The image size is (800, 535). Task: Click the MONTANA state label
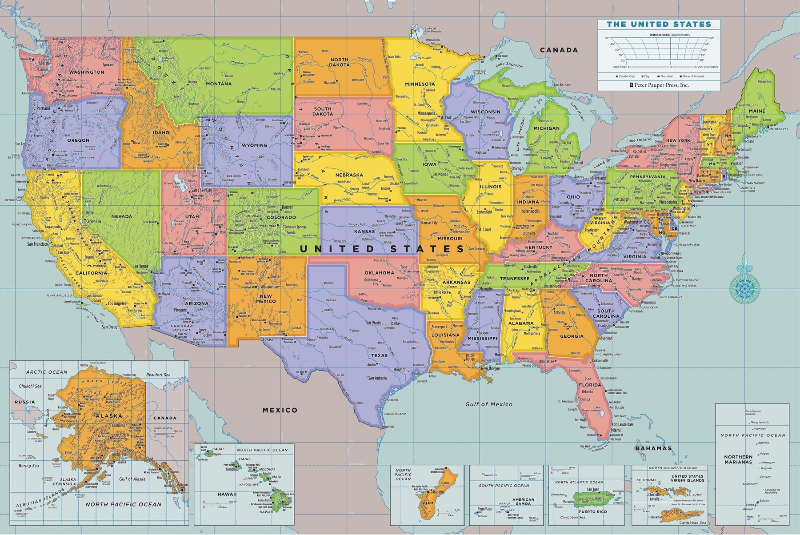pos(219,84)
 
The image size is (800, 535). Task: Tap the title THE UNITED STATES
pos(659,24)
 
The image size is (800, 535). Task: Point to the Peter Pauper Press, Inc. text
pos(662,84)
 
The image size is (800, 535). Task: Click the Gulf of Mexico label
pos(489,404)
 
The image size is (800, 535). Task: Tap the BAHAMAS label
pos(653,448)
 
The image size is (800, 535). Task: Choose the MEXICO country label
pos(280,410)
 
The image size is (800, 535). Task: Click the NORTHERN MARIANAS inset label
pos(738,459)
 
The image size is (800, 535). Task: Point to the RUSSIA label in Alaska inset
pos(24,402)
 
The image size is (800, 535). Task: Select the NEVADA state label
pos(122,217)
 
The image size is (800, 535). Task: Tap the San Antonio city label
pos(378,378)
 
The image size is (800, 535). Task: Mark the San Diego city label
pos(110,327)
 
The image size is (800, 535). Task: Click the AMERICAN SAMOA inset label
pos(523,502)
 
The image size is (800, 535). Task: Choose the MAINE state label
pos(757,111)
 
